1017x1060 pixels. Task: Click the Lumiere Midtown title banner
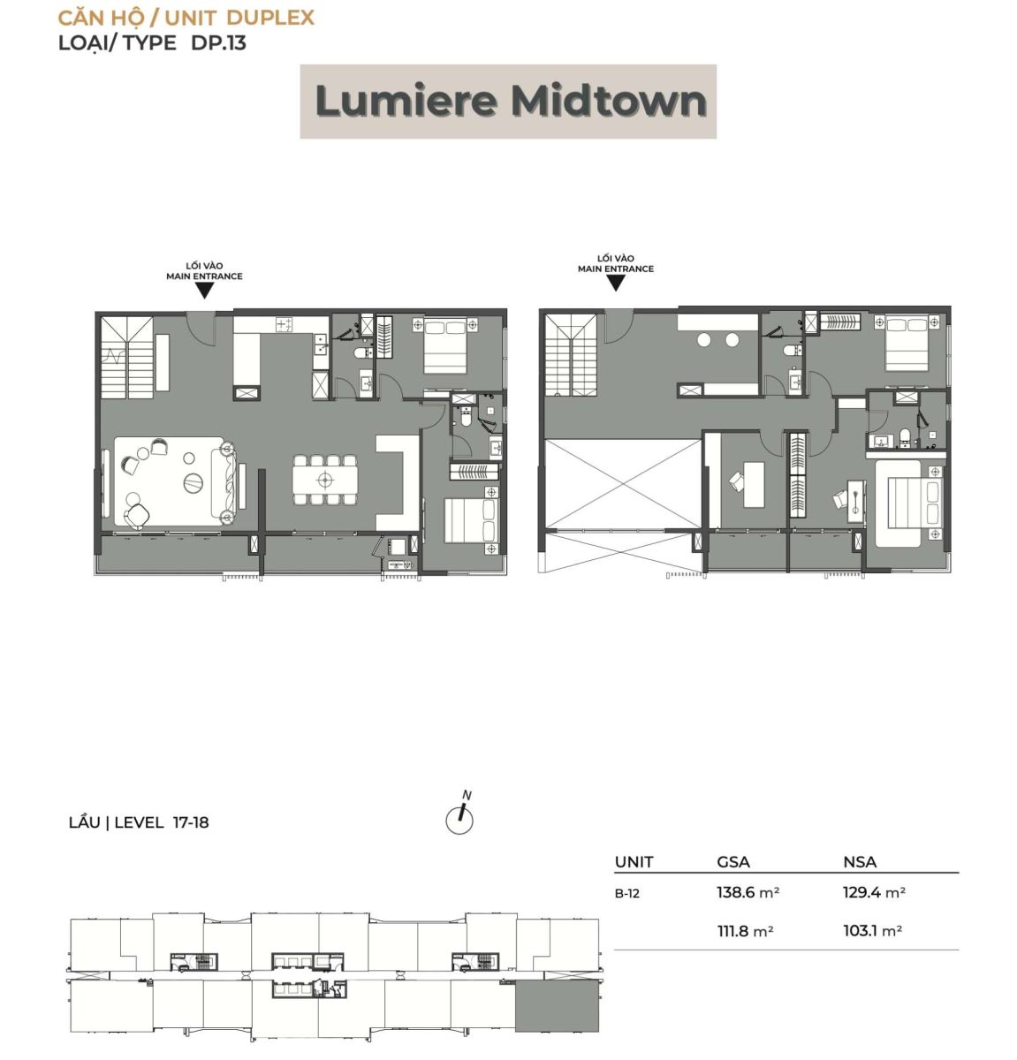click(x=508, y=102)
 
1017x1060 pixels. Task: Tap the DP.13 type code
click(x=218, y=43)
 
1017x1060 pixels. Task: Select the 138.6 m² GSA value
click(x=748, y=892)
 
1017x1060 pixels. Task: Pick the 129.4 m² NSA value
click(x=874, y=892)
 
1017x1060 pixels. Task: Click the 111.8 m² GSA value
click(x=745, y=930)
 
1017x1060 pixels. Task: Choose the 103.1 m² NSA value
click(x=872, y=930)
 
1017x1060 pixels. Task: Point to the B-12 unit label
click(x=627, y=893)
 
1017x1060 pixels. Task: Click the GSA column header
click(x=733, y=862)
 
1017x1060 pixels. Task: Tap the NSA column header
click(x=860, y=862)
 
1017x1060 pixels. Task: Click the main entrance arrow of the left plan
click(x=204, y=291)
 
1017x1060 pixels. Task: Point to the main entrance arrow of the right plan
click(x=616, y=284)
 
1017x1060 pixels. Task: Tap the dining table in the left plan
click(x=325, y=481)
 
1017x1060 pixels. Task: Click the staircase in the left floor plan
click(x=127, y=358)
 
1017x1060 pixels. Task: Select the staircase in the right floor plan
click(x=571, y=356)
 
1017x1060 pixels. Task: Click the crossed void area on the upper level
click(x=623, y=483)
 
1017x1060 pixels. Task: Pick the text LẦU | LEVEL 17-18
click(x=139, y=822)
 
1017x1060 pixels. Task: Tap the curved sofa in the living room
click(x=228, y=481)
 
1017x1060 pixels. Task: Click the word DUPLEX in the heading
click(x=270, y=18)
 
